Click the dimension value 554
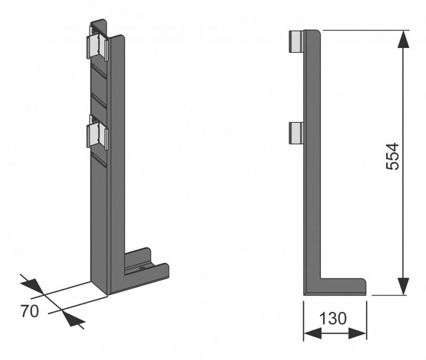coord(392,157)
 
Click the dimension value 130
coord(333,318)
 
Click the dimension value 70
coord(30,311)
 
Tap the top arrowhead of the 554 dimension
coord(403,39)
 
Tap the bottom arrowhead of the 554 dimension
coord(403,286)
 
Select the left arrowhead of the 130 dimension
coord(313,333)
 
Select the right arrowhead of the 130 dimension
coord(357,333)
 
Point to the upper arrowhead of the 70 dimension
coord(32,286)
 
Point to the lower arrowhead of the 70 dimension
coord(73,318)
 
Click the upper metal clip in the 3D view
coord(97,44)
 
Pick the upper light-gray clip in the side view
coord(296,41)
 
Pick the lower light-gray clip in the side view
coord(296,133)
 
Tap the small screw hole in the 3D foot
coord(142,269)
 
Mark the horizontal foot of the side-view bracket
coord(335,287)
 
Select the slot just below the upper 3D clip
coord(99,71)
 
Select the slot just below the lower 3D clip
coord(99,159)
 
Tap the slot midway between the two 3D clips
coord(99,100)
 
